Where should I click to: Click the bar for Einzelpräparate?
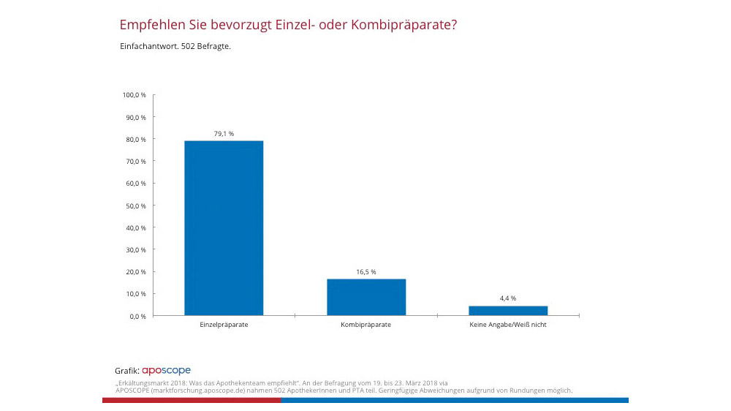[x=224, y=227]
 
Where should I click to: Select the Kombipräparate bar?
[x=366, y=297]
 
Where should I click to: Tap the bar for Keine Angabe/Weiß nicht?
[x=508, y=310]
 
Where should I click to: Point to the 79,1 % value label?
[x=224, y=133]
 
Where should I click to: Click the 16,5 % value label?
[x=366, y=271]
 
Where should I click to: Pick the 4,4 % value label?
[x=508, y=298]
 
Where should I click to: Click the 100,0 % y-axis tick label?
[x=135, y=95]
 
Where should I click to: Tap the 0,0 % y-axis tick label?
[x=137, y=316]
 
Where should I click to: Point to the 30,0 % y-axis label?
[x=136, y=249]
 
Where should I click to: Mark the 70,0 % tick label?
[x=136, y=161]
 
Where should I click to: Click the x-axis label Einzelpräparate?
[x=224, y=325]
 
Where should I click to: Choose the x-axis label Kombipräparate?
[x=366, y=325]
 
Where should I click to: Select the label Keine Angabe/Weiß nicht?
[x=508, y=325]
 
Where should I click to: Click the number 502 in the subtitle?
[x=187, y=47]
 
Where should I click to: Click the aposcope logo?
[x=166, y=371]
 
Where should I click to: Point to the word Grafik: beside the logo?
[x=127, y=371]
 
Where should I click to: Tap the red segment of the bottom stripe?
[x=192, y=400]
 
